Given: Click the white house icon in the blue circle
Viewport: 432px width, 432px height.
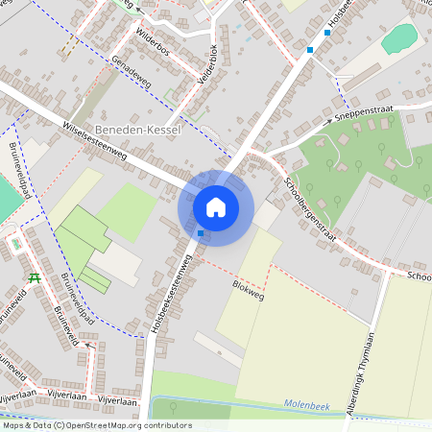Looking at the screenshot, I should pyautogui.click(x=216, y=206).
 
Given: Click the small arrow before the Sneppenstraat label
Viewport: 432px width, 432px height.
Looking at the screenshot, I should pyautogui.click(x=330, y=123).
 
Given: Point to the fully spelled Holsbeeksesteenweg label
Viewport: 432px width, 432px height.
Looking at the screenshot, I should pyautogui.click(x=173, y=287).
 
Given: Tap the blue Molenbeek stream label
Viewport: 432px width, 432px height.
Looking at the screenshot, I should pyautogui.click(x=306, y=407).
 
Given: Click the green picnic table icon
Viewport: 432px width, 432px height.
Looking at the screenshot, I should pyautogui.click(x=36, y=277).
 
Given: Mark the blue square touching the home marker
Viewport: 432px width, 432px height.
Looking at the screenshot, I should pyautogui.click(x=200, y=233).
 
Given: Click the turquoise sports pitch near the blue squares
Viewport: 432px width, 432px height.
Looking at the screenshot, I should pyautogui.click(x=399, y=39).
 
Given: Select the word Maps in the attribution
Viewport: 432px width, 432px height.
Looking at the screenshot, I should pyautogui.click(x=14, y=425).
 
